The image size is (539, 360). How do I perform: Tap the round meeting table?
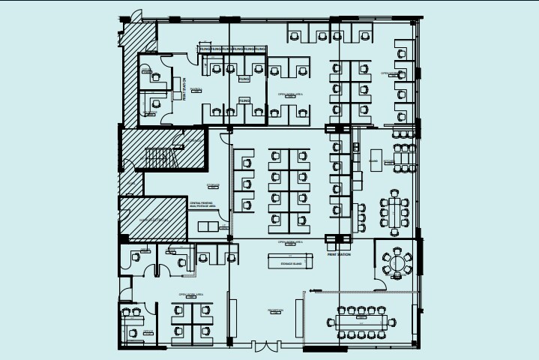pos(397,262)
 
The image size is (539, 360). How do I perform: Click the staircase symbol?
pos(159,157)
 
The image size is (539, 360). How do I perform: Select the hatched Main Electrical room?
pos(153,218)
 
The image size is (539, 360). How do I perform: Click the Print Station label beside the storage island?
pos(339,255)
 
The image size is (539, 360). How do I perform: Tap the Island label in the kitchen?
pos(374,160)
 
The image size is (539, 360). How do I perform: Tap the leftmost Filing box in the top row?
pos(204,49)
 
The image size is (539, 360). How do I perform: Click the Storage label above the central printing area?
pos(213,184)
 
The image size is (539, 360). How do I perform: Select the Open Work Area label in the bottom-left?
pos(187,294)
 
